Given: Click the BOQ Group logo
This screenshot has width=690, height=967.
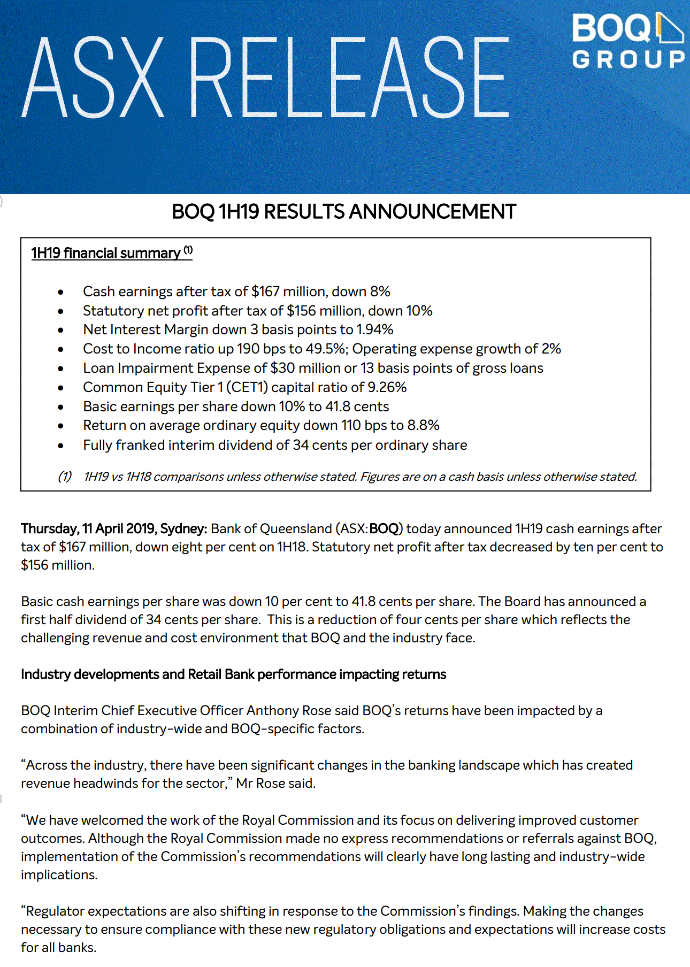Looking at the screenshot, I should [x=628, y=42].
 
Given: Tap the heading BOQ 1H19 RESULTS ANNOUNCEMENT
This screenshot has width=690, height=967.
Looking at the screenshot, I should [x=344, y=212].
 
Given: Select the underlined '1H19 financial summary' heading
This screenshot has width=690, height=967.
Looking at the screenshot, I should [x=106, y=253].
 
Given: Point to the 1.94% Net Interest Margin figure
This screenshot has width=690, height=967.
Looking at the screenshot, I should [x=375, y=329].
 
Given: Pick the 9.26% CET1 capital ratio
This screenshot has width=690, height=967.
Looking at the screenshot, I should [x=387, y=387].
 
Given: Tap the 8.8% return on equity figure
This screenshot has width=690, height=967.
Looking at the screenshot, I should [x=424, y=425].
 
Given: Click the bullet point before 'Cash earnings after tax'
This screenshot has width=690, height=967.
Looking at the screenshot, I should [x=61, y=292].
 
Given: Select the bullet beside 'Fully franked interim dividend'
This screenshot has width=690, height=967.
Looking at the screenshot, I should [x=61, y=446].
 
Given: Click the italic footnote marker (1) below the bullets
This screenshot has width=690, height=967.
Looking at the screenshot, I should [x=65, y=477].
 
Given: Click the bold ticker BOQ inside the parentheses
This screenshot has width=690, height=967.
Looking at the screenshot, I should [x=384, y=529].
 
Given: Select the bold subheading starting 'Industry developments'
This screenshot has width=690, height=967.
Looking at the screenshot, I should [x=233, y=674].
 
